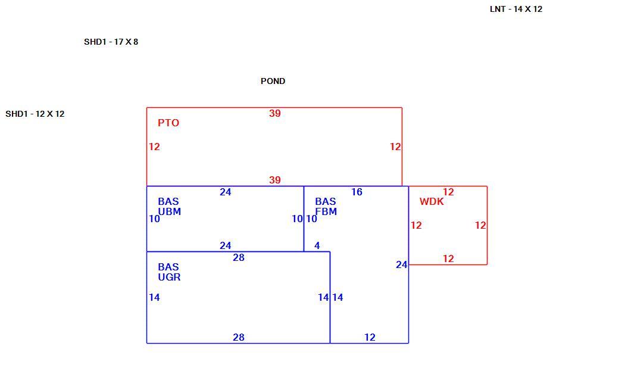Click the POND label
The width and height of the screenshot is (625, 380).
pos(273,81)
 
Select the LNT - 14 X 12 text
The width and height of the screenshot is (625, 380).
pos(516,9)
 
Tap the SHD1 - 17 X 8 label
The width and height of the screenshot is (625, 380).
pos(111,42)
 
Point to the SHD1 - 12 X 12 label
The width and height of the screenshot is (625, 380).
pos(35,114)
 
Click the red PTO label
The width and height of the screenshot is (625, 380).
pos(168,123)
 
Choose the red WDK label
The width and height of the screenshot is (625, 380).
pos(432,201)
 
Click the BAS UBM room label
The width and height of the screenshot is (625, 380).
pos(169,207)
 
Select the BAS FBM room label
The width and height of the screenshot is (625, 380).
pos(326,207)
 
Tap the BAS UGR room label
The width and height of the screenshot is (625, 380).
pos(169,272)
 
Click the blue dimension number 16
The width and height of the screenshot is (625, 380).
pos(357,192)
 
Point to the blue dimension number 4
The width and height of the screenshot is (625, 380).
pos(317,245)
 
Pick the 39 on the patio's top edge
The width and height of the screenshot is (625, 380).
pos(274,113)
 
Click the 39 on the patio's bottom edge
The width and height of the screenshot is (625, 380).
pos(274,180)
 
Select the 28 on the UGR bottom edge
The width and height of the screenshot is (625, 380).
pos(238,337)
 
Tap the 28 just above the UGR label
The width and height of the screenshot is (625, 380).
pos(238,257)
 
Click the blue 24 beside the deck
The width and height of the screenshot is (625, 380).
pos(401,265)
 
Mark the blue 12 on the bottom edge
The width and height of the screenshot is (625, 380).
pos(370,337)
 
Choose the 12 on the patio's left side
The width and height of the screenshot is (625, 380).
pos(154,147)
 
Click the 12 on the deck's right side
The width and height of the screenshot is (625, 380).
pos(480,225)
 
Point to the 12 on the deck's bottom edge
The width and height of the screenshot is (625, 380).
pos(448,258)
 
